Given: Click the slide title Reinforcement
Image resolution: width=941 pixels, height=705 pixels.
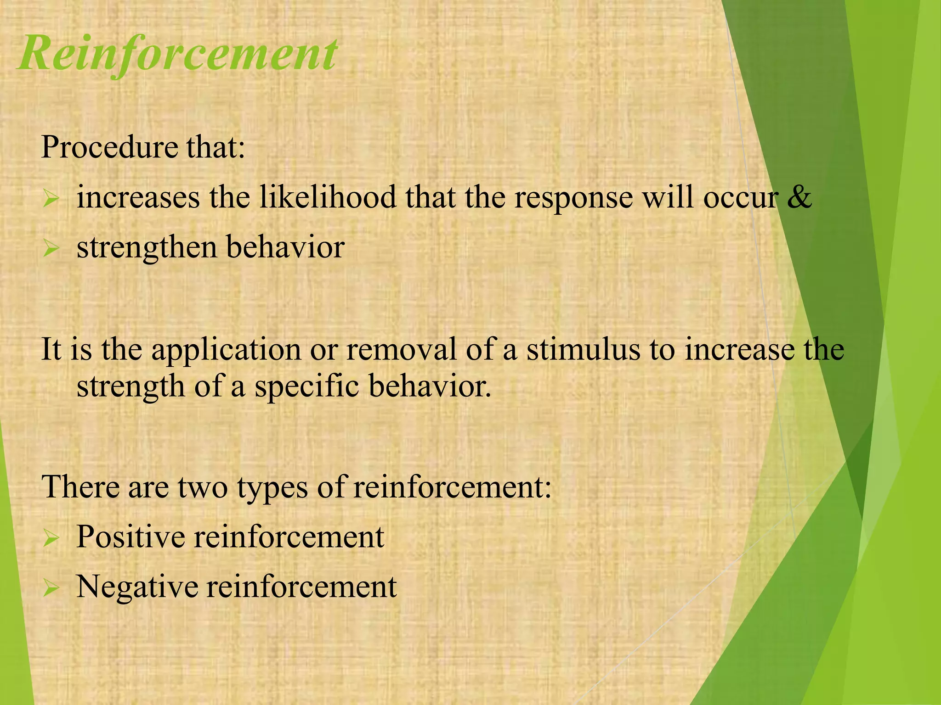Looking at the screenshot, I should (178, 54).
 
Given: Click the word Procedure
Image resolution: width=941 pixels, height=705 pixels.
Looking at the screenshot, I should (109, 147).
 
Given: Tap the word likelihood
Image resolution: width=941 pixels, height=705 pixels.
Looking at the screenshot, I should (328, 197).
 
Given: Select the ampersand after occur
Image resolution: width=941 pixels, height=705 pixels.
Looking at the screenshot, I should (799, 197).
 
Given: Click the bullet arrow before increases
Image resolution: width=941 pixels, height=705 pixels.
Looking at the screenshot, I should (51, 199).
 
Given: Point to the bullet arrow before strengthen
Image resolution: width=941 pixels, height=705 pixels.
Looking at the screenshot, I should (51, 249).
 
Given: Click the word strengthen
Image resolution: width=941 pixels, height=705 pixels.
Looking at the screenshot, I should (147, 248).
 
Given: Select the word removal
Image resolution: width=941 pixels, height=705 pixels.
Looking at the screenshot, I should (401, 349).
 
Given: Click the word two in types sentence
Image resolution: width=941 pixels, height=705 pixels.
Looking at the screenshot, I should (202, 487).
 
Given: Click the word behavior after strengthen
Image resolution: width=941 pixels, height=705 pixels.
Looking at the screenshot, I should (285, 247).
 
